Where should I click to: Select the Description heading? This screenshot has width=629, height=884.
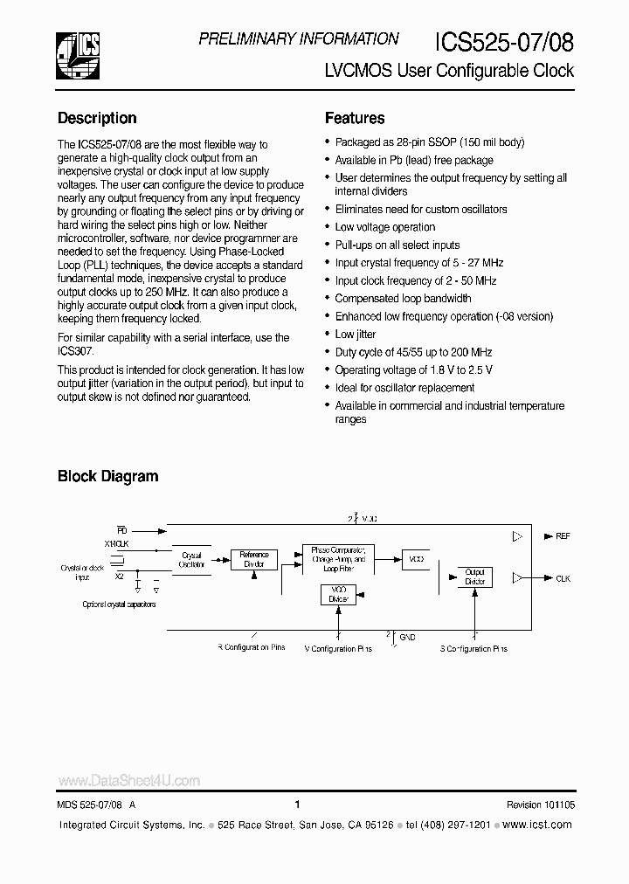97,118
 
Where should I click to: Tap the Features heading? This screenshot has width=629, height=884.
355,118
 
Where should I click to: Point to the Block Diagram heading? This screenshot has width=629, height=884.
107,476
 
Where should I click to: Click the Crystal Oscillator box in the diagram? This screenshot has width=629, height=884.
191,560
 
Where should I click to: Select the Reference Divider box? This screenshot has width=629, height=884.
254,559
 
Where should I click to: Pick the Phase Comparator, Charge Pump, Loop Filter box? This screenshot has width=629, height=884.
338,558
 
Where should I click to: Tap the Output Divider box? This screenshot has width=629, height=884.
474,577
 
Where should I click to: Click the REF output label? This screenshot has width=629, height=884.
563,535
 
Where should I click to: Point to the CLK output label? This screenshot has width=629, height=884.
563,578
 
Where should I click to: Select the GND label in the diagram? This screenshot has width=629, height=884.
407,638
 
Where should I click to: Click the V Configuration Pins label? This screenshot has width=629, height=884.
338,649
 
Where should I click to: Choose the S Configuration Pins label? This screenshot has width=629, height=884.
473,649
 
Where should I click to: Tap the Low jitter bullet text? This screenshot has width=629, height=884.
356,334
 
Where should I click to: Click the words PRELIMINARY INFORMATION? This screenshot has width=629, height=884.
299,39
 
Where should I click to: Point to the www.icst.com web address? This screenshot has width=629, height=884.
539,825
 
